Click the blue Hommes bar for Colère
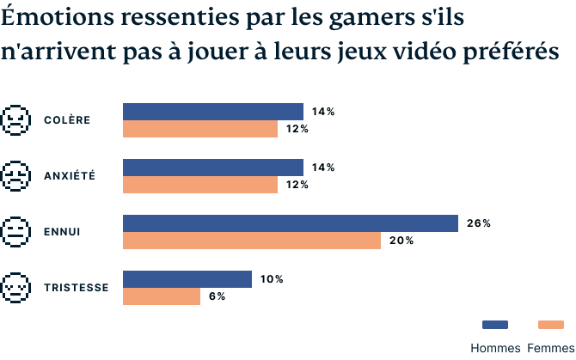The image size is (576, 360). [213, 112]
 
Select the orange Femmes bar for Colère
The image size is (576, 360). [200, 129]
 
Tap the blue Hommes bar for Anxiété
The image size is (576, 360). [213, 168]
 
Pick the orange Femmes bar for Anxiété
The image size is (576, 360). [200, 185]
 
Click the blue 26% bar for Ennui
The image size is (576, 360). [291, 223]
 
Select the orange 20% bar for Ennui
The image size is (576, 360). [252, 241]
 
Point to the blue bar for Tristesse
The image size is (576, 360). [187, 279]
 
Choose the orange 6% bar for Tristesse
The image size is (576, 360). [162, 296]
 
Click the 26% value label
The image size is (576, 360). [478, 223]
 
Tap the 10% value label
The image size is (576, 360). [271, 279]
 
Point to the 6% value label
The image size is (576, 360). [217, 296]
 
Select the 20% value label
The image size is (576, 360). [401, 241]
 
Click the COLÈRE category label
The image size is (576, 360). [67, 119]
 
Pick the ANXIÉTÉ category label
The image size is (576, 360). [70, 175]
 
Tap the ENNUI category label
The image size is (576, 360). [62, 231]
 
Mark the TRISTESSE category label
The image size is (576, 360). [76, 287]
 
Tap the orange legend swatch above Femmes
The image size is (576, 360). [550, 325]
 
